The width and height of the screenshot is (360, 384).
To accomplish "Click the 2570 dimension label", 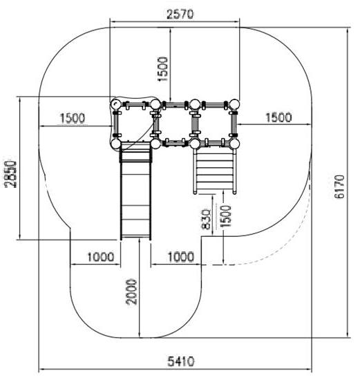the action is [180, 14].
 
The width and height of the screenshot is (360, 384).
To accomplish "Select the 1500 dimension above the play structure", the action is [163, 69].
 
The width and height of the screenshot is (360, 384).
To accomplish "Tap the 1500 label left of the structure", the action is [73, 118].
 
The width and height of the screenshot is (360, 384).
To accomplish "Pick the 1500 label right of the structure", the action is [278, 117].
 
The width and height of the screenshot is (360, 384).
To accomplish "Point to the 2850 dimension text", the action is [11, 174].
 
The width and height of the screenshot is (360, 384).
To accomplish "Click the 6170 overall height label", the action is [340, 186].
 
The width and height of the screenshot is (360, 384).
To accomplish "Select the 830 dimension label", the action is [206, 219].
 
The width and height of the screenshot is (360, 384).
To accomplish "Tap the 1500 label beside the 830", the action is [226, 216].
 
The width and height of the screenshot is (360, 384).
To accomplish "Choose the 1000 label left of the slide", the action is [101, 257].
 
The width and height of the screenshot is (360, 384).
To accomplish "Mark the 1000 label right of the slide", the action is [181, 257].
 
